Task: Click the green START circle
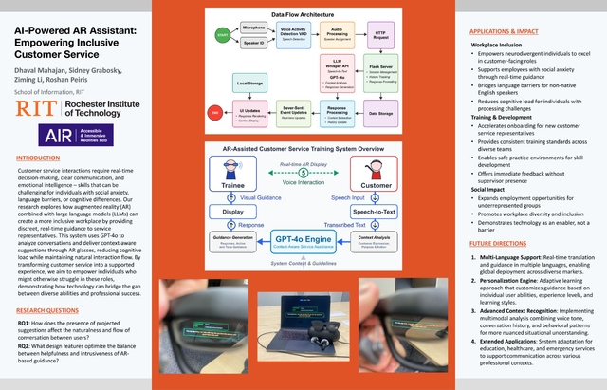point(223,34)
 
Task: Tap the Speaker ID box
point(254,43)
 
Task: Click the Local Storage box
point(253,86)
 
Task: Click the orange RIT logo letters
point(28,109)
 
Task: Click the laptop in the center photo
point(303,313)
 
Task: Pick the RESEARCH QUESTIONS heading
point(47,309)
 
